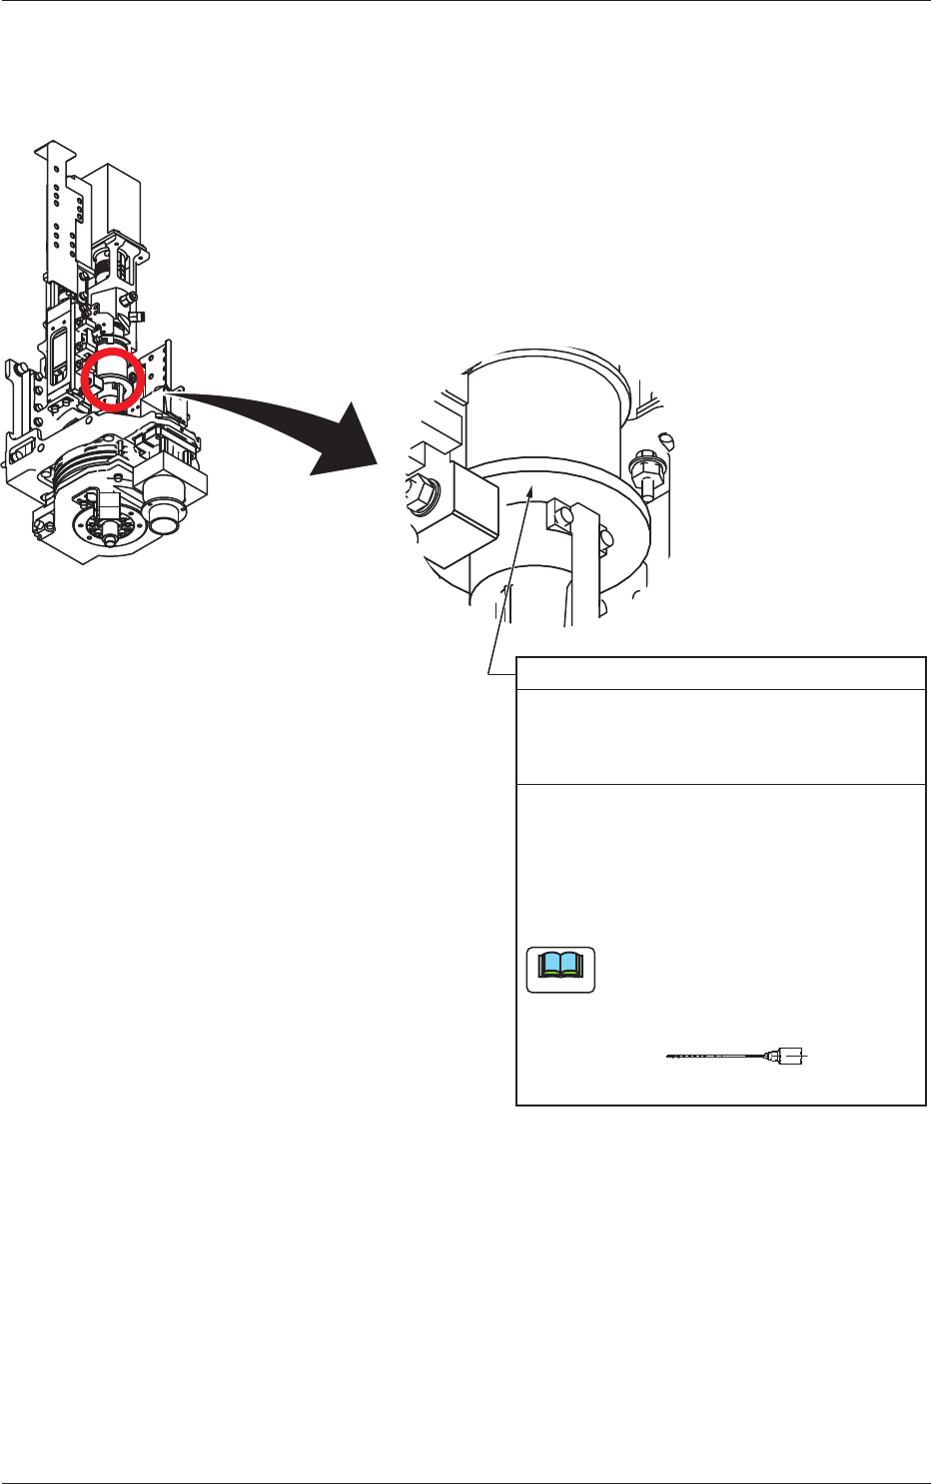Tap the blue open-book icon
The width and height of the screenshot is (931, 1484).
(x=560, y=969)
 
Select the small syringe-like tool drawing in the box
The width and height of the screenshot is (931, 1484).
(x=739, y=1055)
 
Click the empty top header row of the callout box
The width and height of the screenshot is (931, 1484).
(x=720, y=673)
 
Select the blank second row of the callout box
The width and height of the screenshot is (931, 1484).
(x=720, y=736)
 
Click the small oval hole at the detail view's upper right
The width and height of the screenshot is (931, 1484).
(x=667, y=437)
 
